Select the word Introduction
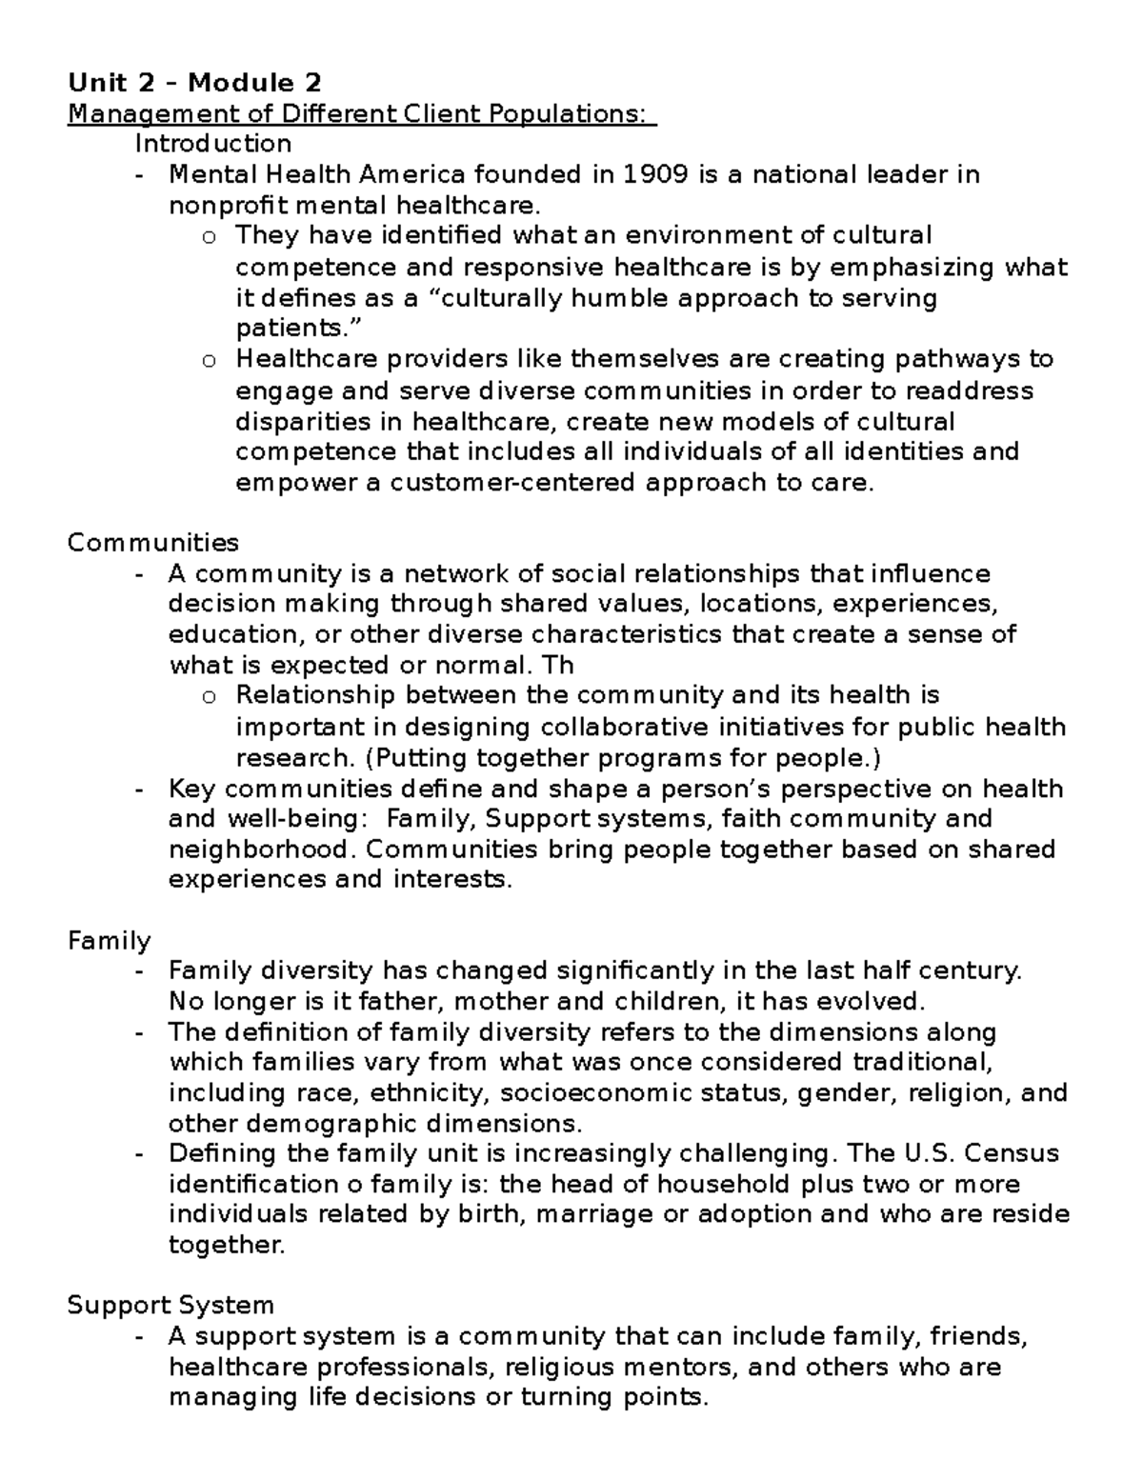click(x=212, y=144)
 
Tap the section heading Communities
click(x=152, y=543)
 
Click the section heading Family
click(x=109, y=941)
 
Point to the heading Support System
click(x=170, y=1305)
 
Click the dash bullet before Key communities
click(x=141, y=789)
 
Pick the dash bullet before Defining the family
click(x=141, y=1154)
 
